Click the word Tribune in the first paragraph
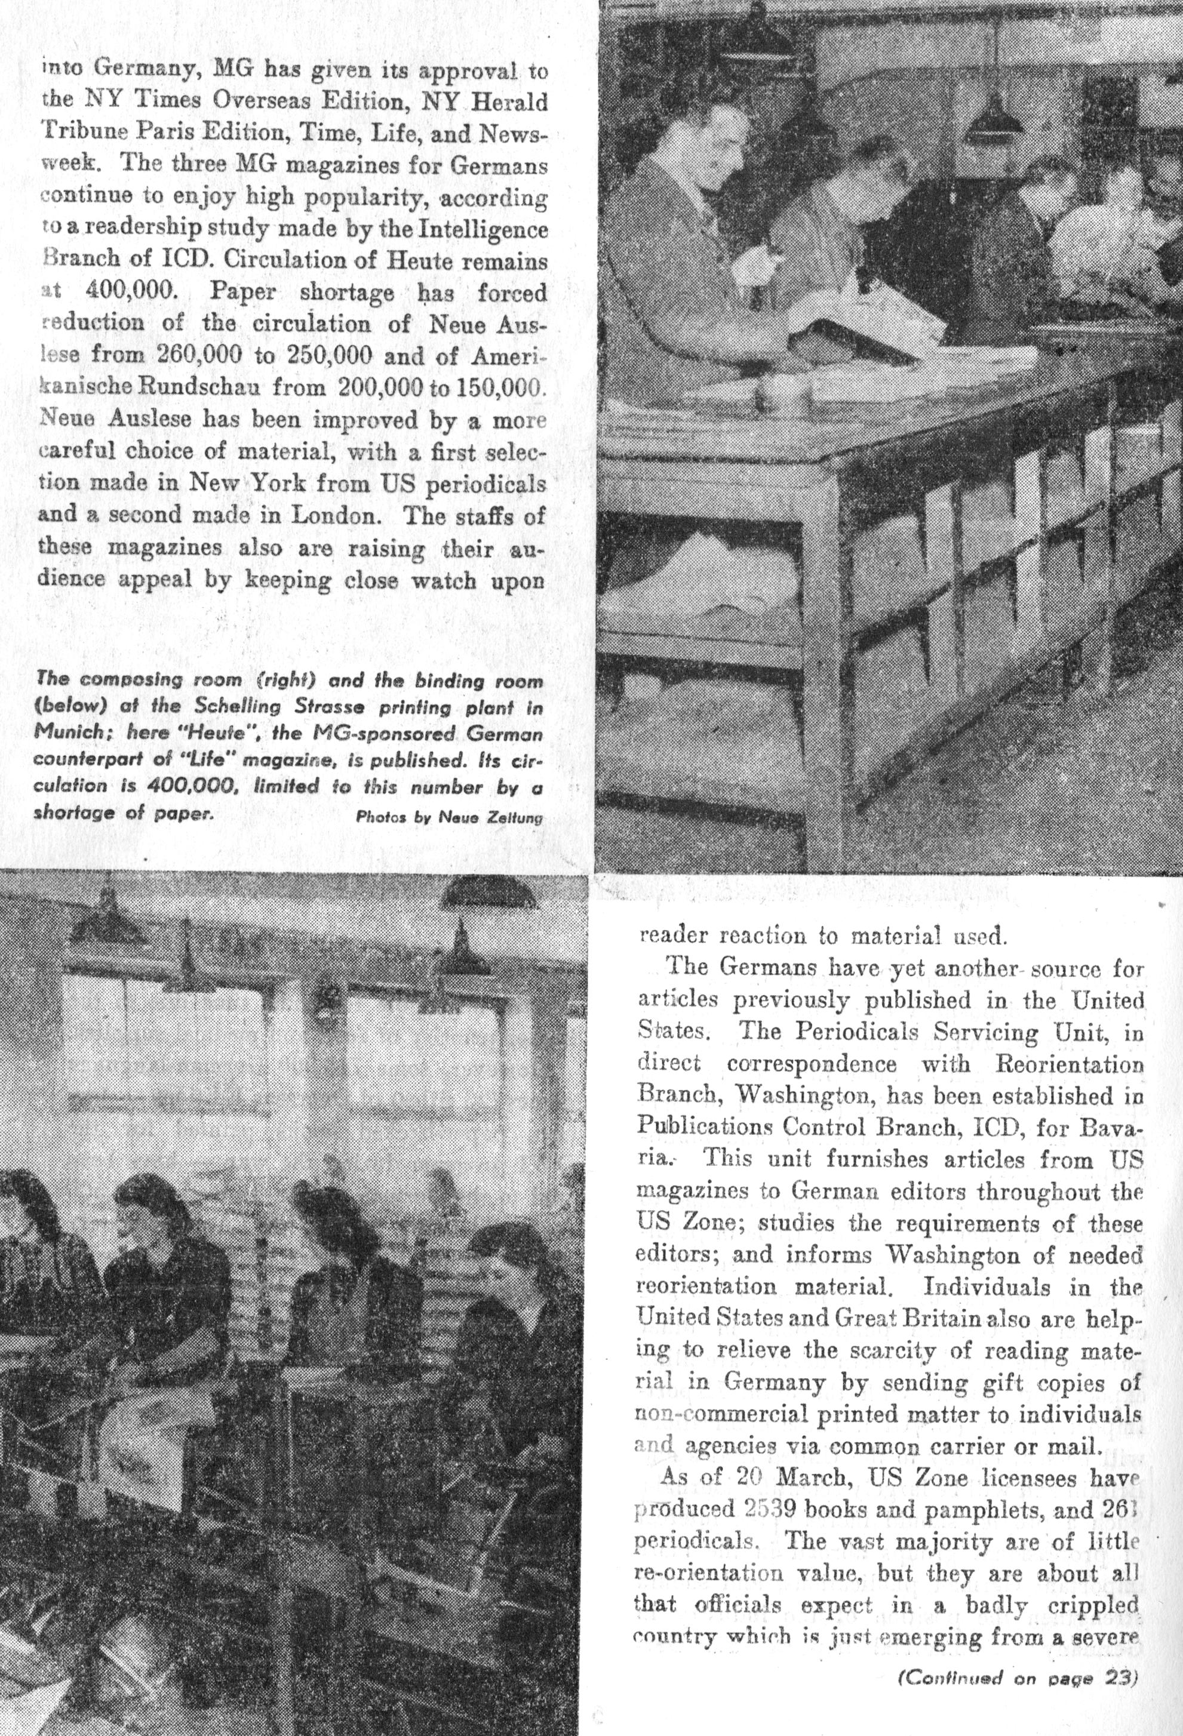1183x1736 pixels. pos(81,134)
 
